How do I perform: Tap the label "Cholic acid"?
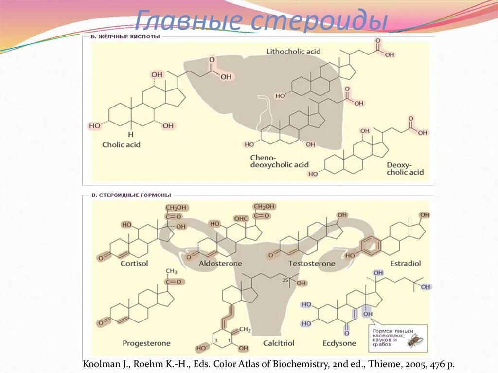121,144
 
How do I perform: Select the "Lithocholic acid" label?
293,51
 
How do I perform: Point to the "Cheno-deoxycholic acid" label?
279,161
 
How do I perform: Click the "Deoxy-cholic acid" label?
405,168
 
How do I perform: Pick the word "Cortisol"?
134,263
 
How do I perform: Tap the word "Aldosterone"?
220,263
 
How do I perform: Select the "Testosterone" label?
311,263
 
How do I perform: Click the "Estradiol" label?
406,263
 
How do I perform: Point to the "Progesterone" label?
146,343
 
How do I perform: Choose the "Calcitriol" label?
279,343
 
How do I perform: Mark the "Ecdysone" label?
339,343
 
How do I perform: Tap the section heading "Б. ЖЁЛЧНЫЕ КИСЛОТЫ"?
125,36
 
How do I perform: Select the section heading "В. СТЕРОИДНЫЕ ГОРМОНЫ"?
131,195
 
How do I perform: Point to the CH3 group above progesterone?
172,271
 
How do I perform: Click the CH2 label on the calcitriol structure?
245,330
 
